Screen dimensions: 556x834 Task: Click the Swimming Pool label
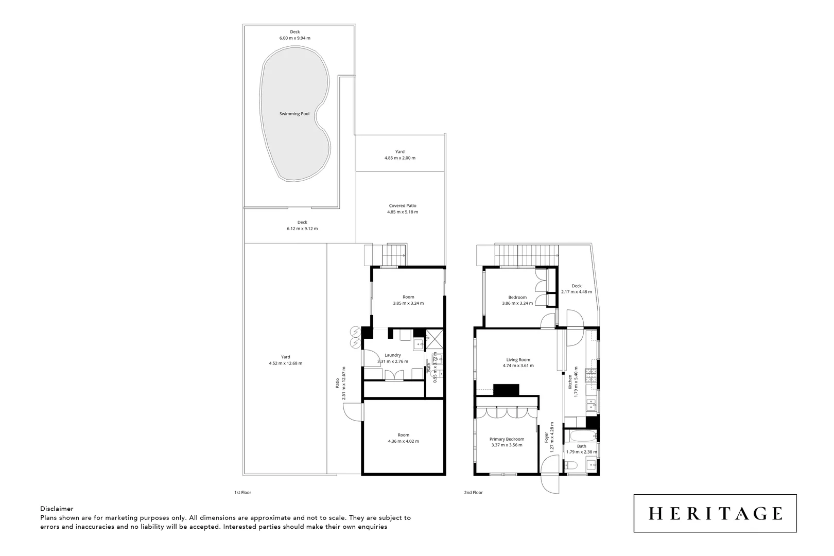tap(294, 114)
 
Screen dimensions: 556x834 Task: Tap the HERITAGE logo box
tap(715, 513)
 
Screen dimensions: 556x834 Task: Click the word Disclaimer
tap(57, 509)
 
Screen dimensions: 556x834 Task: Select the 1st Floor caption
tap(242, 493)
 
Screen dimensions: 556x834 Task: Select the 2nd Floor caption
tap(474, 493)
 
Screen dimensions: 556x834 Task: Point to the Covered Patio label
tap(403, 205)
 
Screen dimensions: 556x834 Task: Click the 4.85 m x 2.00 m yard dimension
tap(399, 158)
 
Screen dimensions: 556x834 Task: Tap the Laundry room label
tap(393, 355)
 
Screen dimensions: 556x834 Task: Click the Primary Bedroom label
tap(507, 439)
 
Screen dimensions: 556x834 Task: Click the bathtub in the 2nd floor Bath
tap(580, 437)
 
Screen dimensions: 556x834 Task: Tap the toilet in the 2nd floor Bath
tap(570, 466)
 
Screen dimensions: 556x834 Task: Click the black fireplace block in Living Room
tap(507, 390)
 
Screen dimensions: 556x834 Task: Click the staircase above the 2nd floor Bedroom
tap(526, 253)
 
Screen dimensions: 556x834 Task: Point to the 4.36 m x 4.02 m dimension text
tap(403, 441)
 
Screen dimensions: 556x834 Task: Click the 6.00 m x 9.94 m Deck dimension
tap(294, 38)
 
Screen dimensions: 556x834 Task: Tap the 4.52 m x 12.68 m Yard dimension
tap(285, 363)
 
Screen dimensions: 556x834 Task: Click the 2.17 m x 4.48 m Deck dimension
tap(576, 292)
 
